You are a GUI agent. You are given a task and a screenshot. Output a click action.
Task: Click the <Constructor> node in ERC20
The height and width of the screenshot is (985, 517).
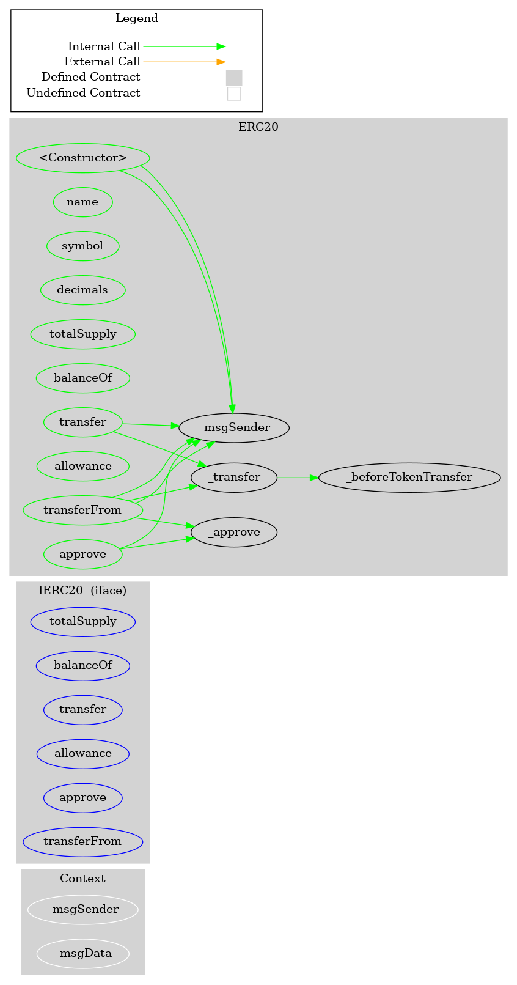[83, 158]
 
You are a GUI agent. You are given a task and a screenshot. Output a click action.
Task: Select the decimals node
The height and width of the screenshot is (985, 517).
[83, 290]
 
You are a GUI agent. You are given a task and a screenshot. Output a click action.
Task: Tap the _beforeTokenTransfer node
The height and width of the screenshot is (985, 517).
[409, 477]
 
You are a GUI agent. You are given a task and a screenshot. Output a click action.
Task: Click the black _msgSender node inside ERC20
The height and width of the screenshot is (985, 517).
[234, 427]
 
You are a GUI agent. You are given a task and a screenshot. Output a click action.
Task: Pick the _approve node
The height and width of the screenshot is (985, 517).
[234, 532]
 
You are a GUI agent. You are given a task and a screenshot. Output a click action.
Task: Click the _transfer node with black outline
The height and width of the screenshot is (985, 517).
[234, 477]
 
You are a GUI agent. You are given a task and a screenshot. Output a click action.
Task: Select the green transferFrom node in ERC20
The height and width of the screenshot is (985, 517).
[83, 510]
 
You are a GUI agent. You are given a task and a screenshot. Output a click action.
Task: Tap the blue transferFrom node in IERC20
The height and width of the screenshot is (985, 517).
[83, 841]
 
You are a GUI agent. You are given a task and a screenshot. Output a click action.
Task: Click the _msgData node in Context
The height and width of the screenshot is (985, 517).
[83, 953]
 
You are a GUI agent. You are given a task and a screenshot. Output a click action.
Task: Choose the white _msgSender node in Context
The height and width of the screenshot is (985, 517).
[83, 909]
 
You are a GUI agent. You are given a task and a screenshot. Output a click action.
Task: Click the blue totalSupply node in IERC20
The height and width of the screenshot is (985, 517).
[83, 621]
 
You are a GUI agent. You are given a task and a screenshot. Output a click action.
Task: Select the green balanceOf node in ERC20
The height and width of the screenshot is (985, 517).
[83, 378]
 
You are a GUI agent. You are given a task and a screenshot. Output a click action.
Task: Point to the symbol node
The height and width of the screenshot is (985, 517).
[83, 246]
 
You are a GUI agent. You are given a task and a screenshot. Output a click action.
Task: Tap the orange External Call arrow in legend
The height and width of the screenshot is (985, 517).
[183, 62]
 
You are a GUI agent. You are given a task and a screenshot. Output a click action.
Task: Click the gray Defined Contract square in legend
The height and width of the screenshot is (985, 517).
[234, 78]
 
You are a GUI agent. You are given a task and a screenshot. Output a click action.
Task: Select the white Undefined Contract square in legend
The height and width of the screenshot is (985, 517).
[234, 94]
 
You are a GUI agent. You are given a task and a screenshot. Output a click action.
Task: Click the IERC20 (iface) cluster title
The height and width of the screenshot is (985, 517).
[82, 591]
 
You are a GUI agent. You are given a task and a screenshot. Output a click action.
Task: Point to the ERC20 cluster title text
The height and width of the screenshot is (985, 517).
[258, 127]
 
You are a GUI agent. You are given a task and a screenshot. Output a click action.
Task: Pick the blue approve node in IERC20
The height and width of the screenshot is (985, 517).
[83, 797]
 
